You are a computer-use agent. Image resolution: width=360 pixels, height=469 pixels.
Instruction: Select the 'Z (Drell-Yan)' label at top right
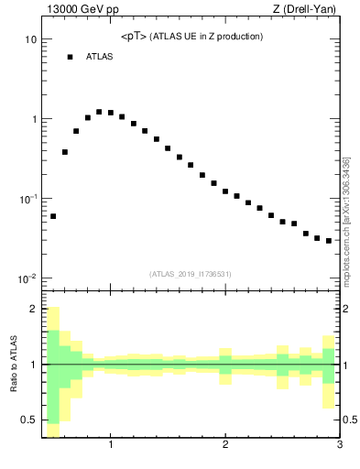click(308, 9)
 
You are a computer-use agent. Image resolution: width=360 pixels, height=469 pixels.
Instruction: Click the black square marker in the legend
click(69, 57)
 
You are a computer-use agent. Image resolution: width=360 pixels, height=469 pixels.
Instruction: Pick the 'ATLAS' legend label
click(99, 57)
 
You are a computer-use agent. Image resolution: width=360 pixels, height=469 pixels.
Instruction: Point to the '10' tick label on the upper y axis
click(30, 40)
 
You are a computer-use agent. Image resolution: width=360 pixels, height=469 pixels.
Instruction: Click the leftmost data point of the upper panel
click(53, 216)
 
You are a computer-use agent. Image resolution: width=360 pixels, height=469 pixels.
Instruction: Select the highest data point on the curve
click(99, 112)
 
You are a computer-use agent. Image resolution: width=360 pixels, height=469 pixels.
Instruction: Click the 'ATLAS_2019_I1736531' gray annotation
click(190, 274)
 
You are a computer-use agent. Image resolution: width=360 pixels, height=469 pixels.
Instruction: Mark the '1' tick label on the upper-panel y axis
click(33, 120)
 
